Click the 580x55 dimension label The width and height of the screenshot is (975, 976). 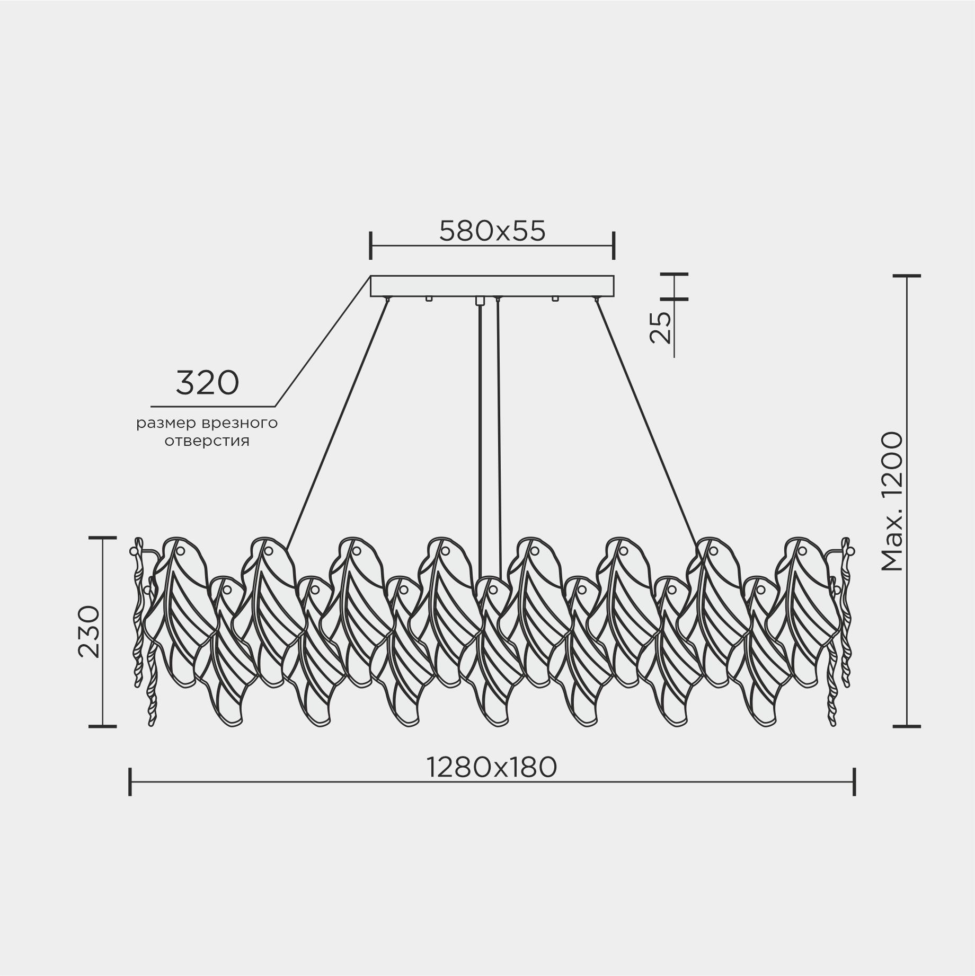point(492,231)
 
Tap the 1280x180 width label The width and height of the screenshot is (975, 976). point(492,767)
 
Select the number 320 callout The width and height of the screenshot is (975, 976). point(207,383)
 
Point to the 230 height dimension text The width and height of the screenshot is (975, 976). point(89,631)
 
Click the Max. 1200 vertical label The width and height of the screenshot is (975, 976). point(891,502)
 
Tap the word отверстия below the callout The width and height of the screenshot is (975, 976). point(207,441)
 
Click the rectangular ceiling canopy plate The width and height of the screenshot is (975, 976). point(492,286)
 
